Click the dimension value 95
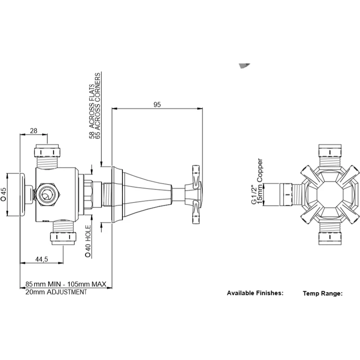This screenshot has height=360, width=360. (157, 104)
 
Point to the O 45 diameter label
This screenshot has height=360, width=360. (4, 194)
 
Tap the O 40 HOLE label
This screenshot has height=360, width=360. (89, 241)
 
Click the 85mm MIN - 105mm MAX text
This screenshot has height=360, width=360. (66, 284)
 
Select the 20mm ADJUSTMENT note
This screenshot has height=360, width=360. (56, 292)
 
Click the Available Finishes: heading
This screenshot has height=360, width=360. (255, 293)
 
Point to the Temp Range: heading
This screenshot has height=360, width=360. (323, 293)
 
